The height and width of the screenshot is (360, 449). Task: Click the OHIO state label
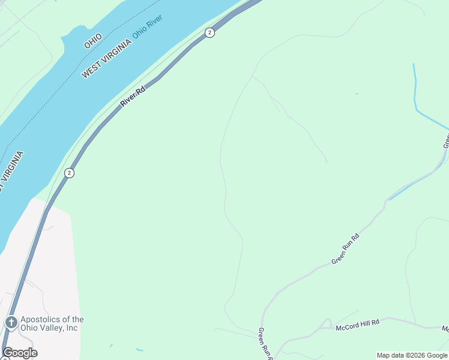pyautogui.click(x=93, y=41)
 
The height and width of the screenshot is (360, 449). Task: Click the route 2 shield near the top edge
pyautogui.click(x=209, y=32)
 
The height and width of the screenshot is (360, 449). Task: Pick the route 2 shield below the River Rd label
pyautogui.click(x=70, y=173)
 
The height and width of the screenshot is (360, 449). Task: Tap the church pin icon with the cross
pyautogui.click(x=11, y=323)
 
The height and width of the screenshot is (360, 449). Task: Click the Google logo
pyautogui.click(x=20, y=353)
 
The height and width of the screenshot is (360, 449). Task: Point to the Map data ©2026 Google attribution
pyautogui.click(x=412, y=355)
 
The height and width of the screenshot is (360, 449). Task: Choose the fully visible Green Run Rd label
pyautogui.click(x=346, y=249)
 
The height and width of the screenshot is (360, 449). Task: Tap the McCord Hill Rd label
pyautogui.click(x=358, y=323)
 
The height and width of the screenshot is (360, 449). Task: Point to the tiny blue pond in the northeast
pyautogui.click(x=357, y=94)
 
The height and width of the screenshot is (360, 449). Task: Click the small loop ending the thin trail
pyautogui.click(x=326, y=161)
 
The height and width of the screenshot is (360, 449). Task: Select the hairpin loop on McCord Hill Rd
pyautogui.click(x=327, y=322)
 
